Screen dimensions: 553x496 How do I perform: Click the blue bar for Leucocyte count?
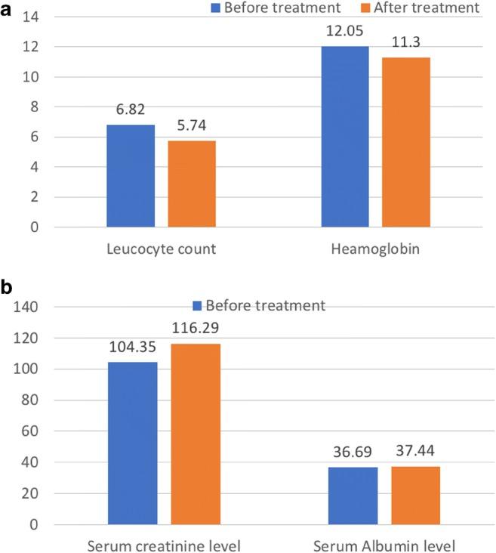(131, 176)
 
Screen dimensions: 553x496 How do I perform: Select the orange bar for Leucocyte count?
(192, 184)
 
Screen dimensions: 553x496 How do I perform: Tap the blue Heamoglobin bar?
(345, 137)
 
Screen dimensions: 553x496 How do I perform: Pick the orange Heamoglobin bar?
(406, 142)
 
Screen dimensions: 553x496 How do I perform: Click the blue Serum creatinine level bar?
(133, 443)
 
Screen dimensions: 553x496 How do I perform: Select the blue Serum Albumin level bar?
(353, 496)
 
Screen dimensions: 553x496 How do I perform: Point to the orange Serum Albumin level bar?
(415, 495)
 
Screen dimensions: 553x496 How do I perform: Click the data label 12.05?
(345, 36)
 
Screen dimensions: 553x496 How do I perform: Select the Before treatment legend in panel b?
(259, 306)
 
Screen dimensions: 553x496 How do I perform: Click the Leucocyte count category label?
(162, 249)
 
